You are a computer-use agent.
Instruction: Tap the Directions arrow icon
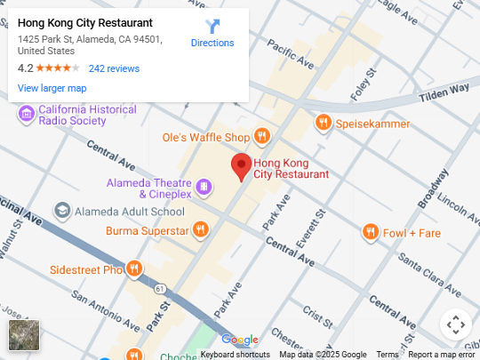coord(212,27)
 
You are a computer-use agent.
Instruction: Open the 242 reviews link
coord(114,68)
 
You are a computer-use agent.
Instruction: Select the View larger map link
coord(52,88)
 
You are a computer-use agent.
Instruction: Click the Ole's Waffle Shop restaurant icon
coord(261,137)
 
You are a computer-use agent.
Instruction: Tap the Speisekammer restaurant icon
coord(323,123)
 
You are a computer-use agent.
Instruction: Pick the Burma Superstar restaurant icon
coord(201,230)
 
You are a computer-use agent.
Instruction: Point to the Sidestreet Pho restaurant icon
coord(133,268)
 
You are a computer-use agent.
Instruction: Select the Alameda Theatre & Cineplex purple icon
coord(204,188)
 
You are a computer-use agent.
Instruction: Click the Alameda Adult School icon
coord(62,212)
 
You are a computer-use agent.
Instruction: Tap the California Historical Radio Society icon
coord(26,113)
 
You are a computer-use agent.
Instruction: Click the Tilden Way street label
coord(444,89)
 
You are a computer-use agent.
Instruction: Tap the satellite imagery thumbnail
coord(24,335)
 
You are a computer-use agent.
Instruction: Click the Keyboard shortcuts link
coord(236,355)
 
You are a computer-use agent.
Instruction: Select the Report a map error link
coord(442,355)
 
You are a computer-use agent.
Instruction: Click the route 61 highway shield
coord(159,289)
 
